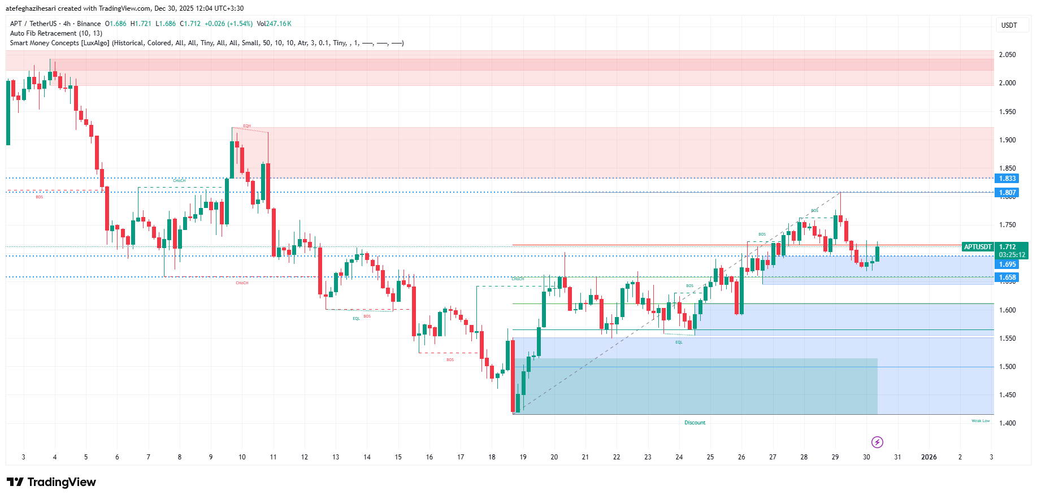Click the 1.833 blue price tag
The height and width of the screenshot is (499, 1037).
click(x=1007, y=179)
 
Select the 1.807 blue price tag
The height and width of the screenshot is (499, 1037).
click(x=1007, y=193)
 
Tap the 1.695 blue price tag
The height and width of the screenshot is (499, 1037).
click(x=1007, y=264)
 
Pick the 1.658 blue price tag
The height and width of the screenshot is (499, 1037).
click(x=1007, y=277)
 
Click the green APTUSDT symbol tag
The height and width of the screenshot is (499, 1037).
click(x=978, y=247)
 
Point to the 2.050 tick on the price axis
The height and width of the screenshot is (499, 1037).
click(x=1007, y=55)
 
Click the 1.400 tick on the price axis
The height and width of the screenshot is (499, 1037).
click(x=1007, y=423)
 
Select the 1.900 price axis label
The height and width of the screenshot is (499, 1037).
click(x=1007, y=140)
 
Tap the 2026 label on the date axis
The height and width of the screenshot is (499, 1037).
click(x=928, y=457)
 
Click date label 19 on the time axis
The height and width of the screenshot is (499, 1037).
click(x=523, y=457)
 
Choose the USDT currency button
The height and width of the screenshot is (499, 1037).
click(x=1009, y=25)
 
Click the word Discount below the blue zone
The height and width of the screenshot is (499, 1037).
click(x=695, y=423)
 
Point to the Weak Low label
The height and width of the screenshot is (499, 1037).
click(x=980, y=421)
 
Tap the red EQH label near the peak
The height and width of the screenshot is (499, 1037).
click(x=247, y=126)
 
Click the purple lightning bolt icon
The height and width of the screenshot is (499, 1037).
click(x=877, y=442)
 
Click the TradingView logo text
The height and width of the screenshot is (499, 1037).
click(x=61, y=482)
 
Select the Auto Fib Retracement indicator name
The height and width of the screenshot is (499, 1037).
click(x=43, y=33)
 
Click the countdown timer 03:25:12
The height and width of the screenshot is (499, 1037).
click(x=1012, y=255)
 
